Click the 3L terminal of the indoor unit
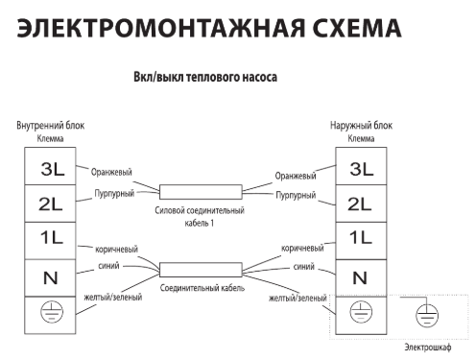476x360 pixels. coord(50,166)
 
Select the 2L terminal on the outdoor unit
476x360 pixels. coord(361,204)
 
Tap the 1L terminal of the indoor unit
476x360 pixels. coord(50,241)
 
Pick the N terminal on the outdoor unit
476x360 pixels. coord(361,278)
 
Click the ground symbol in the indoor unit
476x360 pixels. coord(52,311)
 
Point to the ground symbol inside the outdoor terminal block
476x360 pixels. coord(361,311)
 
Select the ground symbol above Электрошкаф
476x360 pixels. coord(427,316)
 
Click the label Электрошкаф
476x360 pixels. coord(428,347)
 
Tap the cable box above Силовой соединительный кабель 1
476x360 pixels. coord(201,192)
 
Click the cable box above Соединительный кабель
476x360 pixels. coord(201,270)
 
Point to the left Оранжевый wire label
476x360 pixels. coord(111,172)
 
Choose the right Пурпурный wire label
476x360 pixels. coord(296,195)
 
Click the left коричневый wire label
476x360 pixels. coord(116,250)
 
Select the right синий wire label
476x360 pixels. coord(304,267)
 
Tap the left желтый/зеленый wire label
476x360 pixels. coord(113,298)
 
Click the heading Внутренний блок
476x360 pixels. coord(51,126)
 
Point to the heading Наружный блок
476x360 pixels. coord(361,126)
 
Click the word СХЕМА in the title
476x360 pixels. coord(357,28)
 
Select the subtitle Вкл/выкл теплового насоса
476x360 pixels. coord(205,77)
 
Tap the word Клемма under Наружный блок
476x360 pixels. coord(361,138)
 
